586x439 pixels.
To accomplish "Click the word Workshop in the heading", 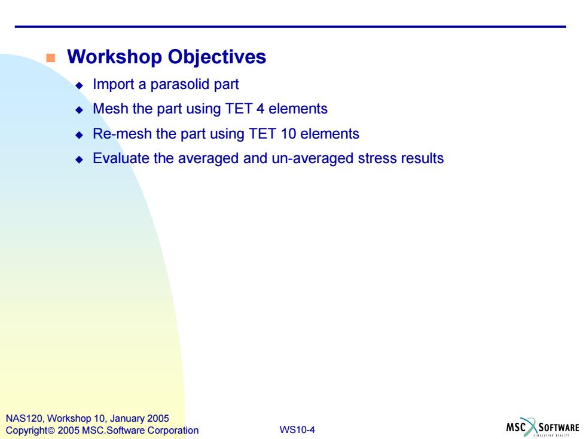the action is coord(114,57).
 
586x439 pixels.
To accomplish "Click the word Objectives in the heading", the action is coord(216,57).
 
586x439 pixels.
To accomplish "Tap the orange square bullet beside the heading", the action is coord(50,58).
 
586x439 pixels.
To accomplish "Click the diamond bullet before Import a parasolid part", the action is coord(79,85).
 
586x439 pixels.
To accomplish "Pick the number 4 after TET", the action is coord(261,109).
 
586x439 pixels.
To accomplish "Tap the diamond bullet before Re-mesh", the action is coord(79,135).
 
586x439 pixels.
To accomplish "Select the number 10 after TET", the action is coord(288,134).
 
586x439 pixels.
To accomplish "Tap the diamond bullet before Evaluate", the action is coord(79,159).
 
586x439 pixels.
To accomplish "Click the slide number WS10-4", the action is coord(297,429).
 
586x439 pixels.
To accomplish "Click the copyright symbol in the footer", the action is coord(51,431).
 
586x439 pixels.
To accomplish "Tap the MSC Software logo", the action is coord(543,427).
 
